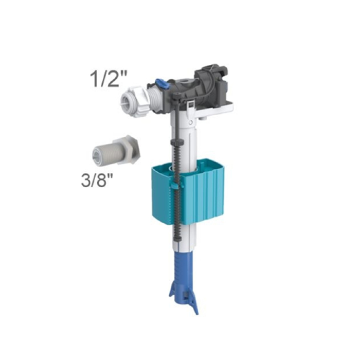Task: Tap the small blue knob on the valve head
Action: [163, 84]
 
